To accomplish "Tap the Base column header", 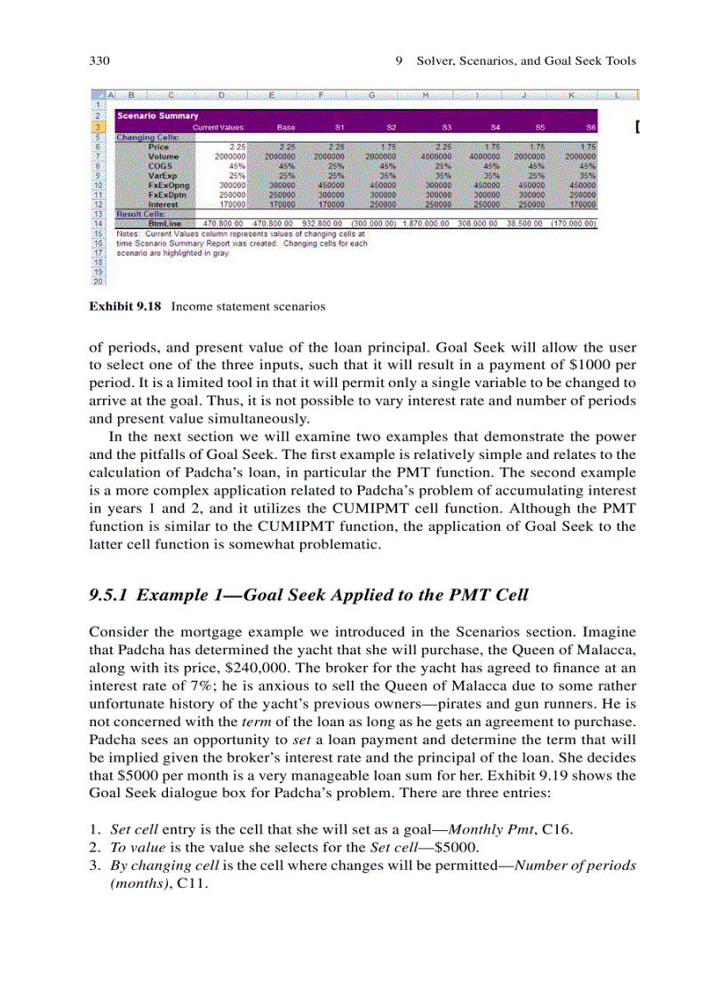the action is click(x=285, y=128).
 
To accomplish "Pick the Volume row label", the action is click(x=163, y=156).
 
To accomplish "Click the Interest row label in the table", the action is click(x=163, y=204).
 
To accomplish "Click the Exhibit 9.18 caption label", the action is click(x=124, y=306).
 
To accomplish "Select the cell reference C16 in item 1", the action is click(x=557, y=829).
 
